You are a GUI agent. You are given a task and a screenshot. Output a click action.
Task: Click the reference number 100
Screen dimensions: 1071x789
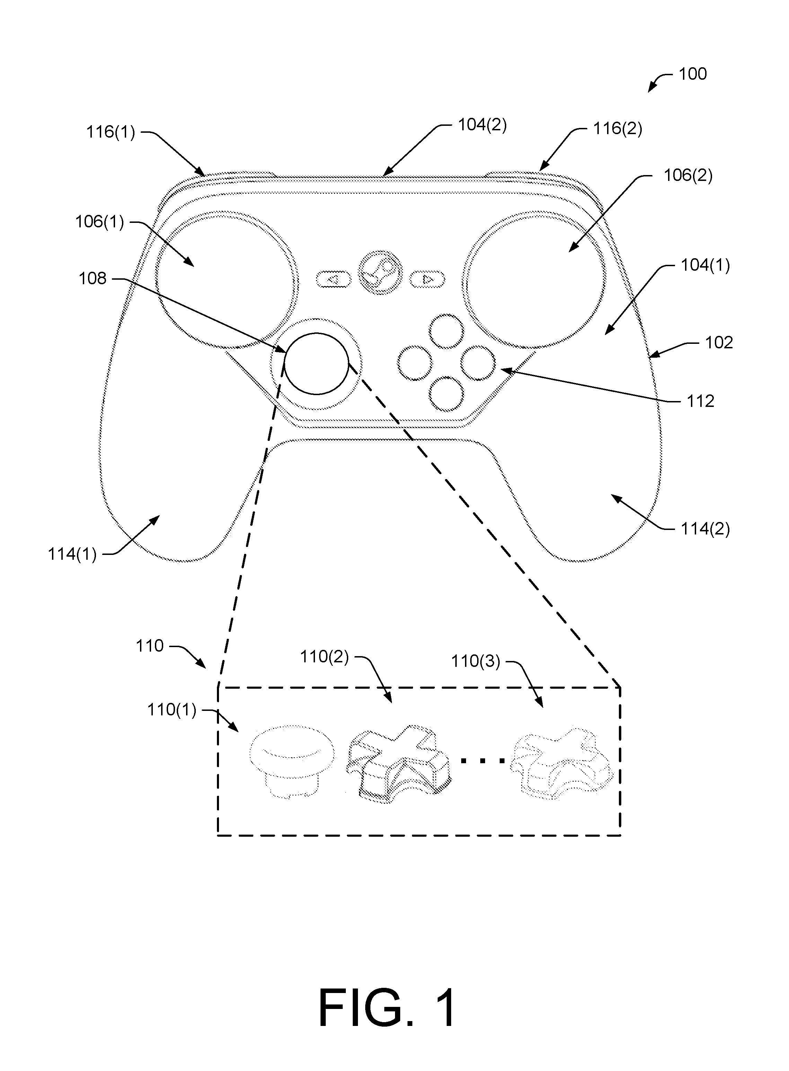coord(693,74)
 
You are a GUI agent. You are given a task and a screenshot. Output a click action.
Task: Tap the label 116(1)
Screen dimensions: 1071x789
coord(110,132)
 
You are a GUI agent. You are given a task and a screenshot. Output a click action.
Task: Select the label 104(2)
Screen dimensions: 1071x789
coord(482,125)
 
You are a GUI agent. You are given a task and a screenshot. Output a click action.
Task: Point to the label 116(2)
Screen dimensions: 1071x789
coord(617,129)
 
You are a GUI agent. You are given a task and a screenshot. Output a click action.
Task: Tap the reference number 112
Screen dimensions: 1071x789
coord(700,401)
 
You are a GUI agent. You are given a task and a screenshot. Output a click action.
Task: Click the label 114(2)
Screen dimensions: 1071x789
coord(705,529)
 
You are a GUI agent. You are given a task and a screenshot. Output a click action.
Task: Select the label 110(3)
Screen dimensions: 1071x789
coord(476,662)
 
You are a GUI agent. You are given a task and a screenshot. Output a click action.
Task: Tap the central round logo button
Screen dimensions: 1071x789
coord(380,273)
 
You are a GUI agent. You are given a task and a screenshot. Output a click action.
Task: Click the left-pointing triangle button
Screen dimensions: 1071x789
coord(333,279)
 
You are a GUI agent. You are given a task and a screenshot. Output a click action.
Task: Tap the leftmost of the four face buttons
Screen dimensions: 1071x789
coord(414,363)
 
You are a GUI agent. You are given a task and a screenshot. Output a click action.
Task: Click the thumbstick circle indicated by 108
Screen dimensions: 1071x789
coord(316,363)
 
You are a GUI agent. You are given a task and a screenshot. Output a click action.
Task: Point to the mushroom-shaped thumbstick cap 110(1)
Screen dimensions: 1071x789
coord(286,759)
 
